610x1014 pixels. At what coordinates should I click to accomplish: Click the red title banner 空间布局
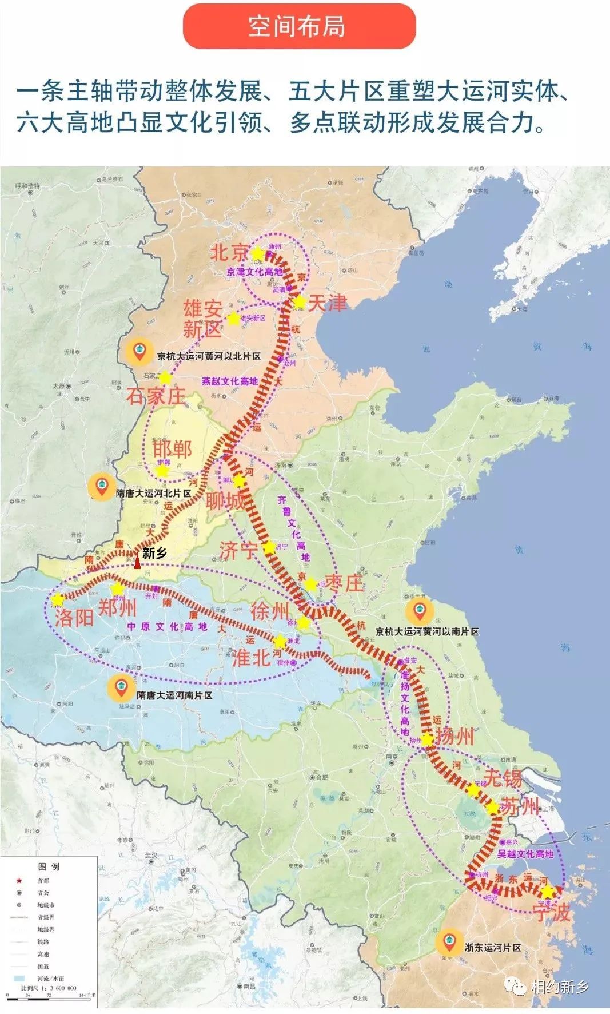pyautogui.click(x=299, y=27)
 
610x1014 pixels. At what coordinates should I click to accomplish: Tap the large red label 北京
pyautogui.click(x=229, y=252)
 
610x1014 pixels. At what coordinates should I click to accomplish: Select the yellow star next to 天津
pyautogui.click(x=299, y=301)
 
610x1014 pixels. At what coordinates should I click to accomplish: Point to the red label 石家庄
pyautogui.click(x=156, y=396)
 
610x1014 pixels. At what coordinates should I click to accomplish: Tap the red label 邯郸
pyautogui.click(x=172, y=448)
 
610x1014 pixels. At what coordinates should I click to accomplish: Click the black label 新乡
pyautogui.click(x=154, y=552)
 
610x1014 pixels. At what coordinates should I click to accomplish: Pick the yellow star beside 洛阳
pyautogui.click(x=58, y=600)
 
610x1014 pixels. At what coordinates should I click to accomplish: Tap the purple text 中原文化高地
pyautogui.click(x=167, y=627)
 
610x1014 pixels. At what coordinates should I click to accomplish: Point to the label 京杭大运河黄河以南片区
pyautogui.click(x=426, y=631)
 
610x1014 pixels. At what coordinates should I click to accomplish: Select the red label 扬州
pyautogui.click(x=455, y=735)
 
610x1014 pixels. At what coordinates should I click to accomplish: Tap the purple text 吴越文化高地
pyautogui.click(x=525, y=853)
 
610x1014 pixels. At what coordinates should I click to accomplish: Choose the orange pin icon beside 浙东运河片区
pyautogui.click(x=449, y=943)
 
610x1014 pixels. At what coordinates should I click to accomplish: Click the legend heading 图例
pyautogui.click(x=49, y=866)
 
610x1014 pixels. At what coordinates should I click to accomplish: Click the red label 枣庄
pyautogui.click(x=344, y=583)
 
